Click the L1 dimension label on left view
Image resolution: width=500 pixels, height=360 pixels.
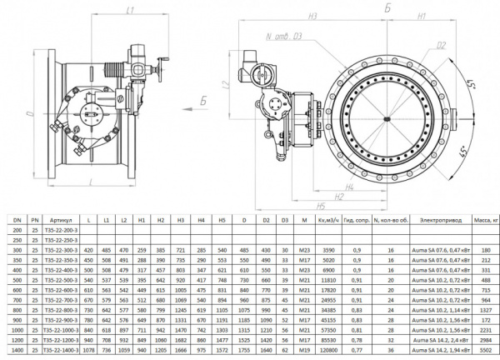[129, 10]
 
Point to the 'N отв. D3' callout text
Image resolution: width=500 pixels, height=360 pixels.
[282, 37]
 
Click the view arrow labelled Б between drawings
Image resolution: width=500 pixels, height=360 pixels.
[202, 100]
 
